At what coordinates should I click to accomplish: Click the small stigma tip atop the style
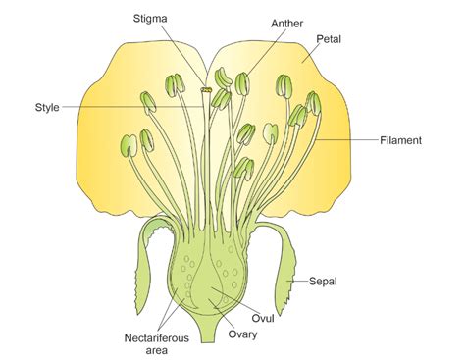tap(207, 91)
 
